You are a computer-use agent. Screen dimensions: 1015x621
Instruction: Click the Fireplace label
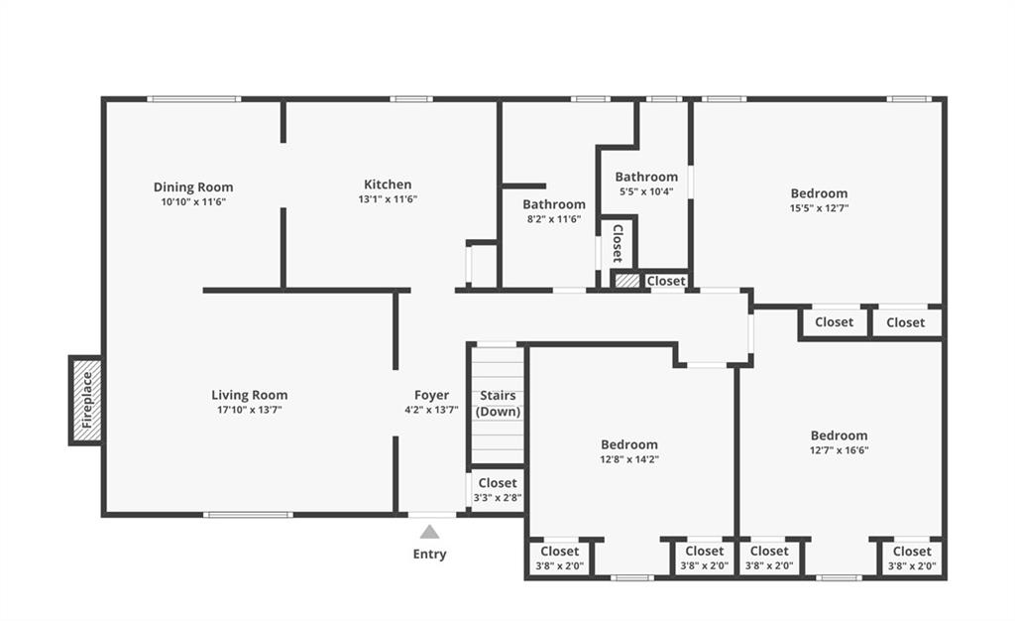(x=87, y=400)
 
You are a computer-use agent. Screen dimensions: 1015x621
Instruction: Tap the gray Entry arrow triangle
(x=429, y=533)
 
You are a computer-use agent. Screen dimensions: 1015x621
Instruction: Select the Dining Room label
(x=193, y=187)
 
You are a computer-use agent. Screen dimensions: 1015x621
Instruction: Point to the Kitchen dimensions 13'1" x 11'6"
(x=388, y=199)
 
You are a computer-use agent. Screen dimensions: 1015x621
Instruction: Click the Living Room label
(x=249, y=395)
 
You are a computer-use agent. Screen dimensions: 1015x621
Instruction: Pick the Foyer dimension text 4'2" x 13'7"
(x=431, y=410)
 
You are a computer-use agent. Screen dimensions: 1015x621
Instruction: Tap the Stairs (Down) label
(x=498, y=404)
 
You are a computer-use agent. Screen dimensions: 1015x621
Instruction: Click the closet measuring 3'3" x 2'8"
(x=498, y=490)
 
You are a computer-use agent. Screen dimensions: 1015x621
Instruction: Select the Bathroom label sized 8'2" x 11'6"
(x=554, y=204)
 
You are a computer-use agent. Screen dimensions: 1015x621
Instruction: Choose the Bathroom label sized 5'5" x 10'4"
(x=646, y=177)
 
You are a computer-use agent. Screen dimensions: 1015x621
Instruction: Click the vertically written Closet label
(x=618, y=243)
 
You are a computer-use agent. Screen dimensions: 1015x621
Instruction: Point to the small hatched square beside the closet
(x=626, y=281)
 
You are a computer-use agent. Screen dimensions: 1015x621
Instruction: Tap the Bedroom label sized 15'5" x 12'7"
(x=819, y=193)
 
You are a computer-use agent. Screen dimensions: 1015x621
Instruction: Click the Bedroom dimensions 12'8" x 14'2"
(x=629, y=459)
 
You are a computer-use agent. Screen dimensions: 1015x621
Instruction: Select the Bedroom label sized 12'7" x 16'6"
(x=839, y=435)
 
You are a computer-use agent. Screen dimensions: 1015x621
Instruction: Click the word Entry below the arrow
(x=429, y=555)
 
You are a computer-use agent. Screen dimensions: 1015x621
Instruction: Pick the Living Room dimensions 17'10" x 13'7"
(x=249, y=410)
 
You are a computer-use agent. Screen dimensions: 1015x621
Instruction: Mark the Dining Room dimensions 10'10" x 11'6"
(x=193, y=202)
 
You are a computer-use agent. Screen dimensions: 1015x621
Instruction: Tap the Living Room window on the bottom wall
(x=248, y=515)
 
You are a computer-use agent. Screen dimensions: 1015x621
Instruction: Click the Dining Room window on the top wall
(x=193, y=99)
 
